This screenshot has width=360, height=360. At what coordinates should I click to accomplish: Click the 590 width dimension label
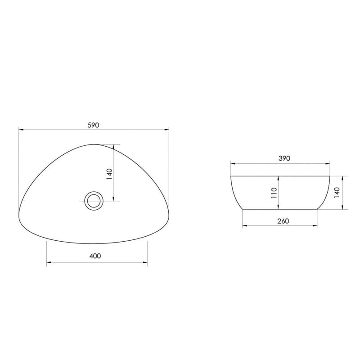[93, 125]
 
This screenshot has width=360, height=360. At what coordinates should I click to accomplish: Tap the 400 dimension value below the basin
[94, 256]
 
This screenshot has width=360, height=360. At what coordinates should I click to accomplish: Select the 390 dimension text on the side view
[284, 158]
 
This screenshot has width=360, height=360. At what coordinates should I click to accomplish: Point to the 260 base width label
[283, 220]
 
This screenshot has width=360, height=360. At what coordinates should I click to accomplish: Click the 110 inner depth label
[273, 193]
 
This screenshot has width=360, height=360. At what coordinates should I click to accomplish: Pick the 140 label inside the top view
[108, 173]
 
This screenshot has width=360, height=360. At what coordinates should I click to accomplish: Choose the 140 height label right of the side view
[337, 192]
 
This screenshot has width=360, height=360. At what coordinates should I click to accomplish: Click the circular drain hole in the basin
[94, 199]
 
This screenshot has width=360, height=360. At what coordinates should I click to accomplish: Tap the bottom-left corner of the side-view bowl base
[243, 209]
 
